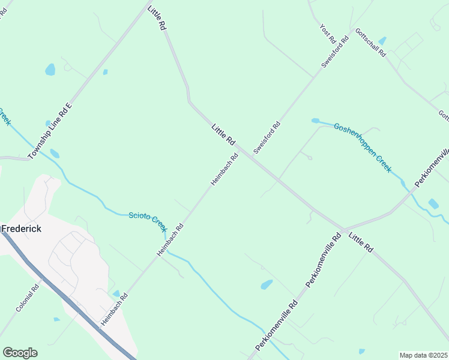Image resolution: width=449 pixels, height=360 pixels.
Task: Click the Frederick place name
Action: point(22,229)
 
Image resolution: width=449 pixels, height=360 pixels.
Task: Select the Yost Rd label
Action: point(328,34)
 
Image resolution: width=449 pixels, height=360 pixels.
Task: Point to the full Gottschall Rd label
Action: point(370,42)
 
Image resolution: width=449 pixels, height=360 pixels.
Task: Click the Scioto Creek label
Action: point(148,221)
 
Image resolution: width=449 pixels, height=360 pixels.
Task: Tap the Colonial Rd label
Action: point(28,297)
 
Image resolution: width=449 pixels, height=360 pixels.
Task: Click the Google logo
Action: point(20,353)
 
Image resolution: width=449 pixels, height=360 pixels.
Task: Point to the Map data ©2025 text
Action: point(424,355)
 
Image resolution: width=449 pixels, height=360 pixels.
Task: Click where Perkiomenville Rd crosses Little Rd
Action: point(345,230)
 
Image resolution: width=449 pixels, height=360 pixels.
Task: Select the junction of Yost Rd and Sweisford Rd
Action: point(314,77)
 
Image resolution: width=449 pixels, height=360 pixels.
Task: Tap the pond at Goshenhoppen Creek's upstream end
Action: point(315,121)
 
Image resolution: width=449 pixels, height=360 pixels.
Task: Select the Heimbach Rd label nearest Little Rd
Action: point(224,169)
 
